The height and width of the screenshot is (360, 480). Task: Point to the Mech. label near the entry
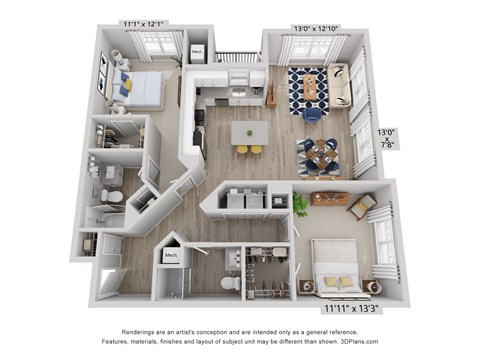click(x=170, y=256)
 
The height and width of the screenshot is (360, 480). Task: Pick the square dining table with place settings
click(x=320, y=152)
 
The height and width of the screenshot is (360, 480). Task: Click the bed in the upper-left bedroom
click(x=141, y=88)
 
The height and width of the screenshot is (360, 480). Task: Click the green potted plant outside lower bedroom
click(x=300, y=205)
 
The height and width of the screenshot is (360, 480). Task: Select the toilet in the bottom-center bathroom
click(x=227, y=283)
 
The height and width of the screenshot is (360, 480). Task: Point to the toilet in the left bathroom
click(x=114, y=193)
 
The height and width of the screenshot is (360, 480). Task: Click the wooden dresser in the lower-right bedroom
click(x=328, y=198)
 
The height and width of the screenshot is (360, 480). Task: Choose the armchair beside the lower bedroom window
click(x=361, y=206)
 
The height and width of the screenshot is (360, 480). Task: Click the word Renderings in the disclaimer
click(x=143, y=329)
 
